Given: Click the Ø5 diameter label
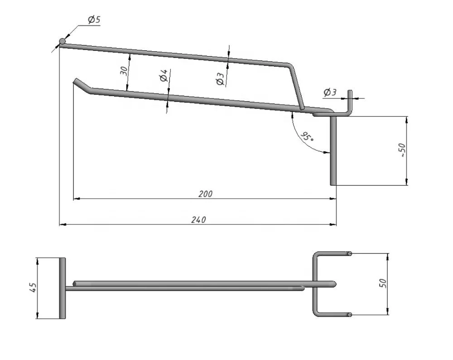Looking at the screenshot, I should (94, 20).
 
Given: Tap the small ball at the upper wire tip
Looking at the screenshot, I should (63, 42).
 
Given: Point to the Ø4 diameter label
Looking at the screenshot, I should (164, 75).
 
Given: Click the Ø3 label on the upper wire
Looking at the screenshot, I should (220, 78).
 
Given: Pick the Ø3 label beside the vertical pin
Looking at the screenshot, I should (330, 92).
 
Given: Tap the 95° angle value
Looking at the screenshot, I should (307, 136).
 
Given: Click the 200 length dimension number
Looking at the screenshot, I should (206, 194).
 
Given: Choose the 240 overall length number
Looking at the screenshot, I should (198, 220).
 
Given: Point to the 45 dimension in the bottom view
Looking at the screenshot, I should (32, 288).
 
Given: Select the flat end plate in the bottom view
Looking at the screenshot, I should (62, 288).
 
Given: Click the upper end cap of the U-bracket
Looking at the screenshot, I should (350, 253).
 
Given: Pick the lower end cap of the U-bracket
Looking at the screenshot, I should (350, 314).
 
